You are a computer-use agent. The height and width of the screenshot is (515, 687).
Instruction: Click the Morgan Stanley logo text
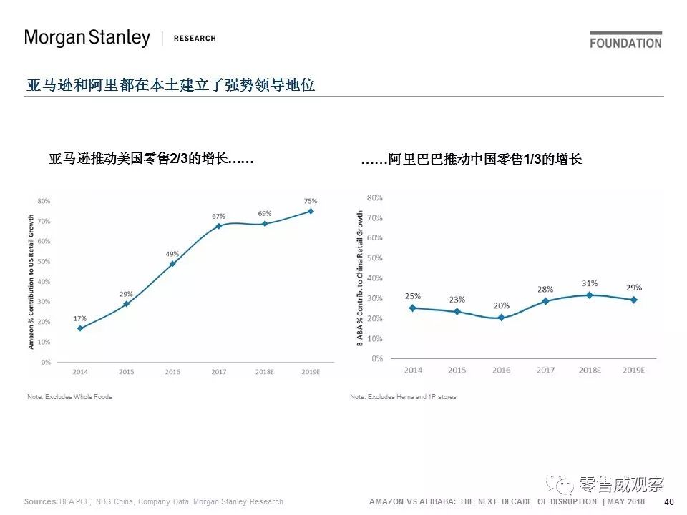click(87, 38)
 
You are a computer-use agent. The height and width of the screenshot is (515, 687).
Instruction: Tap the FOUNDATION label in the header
click(625, 43)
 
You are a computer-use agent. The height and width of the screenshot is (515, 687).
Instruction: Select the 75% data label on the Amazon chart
click(310, 201)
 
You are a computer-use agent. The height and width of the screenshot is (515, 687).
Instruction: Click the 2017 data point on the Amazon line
click(218, 226)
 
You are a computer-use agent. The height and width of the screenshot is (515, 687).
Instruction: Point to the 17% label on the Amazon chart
click(80, 318)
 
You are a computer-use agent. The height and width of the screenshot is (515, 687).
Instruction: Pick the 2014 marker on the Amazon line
click(80, 328)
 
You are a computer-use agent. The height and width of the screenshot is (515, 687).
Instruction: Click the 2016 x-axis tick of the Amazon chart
click(172, 372)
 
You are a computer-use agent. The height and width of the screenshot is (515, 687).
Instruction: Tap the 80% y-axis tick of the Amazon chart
click(44, 201)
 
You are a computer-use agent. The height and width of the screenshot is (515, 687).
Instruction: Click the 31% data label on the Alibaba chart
click(590, 283)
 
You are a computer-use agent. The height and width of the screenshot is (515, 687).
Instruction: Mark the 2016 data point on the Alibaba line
click(501, 318)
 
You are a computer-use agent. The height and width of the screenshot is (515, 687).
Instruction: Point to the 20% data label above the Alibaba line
click(501, 306)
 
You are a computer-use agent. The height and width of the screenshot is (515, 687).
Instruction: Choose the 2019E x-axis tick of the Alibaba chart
click(633, 370)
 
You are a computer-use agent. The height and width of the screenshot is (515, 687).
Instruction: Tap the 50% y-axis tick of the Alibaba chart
click(374, 257)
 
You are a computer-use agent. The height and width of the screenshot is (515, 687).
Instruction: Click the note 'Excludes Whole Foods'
click(69, 397)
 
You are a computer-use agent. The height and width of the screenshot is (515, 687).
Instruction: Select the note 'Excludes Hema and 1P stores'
click(403, 397)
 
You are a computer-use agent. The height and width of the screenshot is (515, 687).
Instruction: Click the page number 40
click(669, 501)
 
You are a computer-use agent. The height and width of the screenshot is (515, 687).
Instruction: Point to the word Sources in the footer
click(40, 501)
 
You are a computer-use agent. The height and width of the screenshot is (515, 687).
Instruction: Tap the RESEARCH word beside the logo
click(195, 39)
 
